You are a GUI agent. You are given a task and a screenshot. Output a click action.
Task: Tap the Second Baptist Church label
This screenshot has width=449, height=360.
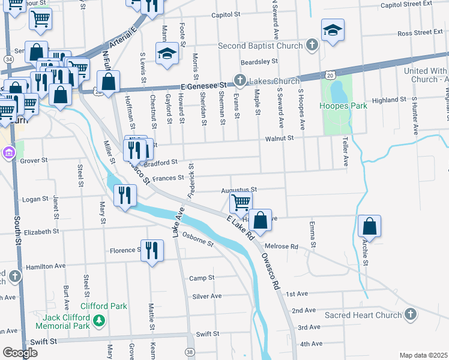pyautogui.click(x=260, y=46)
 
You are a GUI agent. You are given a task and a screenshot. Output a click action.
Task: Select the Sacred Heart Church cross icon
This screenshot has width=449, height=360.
pyautogui.click(x=410, y=314)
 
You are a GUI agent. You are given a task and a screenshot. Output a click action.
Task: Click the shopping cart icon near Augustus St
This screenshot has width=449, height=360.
pyautogui.click(x=241, y=202)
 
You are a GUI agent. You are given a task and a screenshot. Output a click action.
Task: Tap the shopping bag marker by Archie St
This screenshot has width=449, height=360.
pyautogui.click(x=370, y=226)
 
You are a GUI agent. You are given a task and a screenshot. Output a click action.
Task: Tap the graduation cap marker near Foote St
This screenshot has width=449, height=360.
pyautogui.click(x=167, y=53)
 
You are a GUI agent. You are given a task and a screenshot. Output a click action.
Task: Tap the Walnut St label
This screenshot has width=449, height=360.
pyautogui.click(x=280, y=138)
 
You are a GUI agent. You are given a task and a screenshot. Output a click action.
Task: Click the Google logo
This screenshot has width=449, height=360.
pyautogui.click(x=20, y=353)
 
